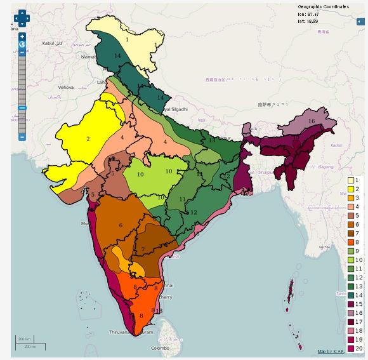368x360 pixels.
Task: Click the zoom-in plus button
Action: pos(22,37)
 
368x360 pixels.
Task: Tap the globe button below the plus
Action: pos(22,45)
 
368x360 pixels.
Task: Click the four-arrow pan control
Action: pos(22,18)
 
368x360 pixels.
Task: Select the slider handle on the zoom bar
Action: pos(22,108)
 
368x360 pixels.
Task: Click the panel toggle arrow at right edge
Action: pos(360,22)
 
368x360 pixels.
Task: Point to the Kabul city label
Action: pos(48,43)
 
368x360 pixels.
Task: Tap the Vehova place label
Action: pos(66,86)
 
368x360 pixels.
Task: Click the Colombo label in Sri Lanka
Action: pos(160,349)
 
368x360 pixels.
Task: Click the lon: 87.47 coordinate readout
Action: pos(309,13)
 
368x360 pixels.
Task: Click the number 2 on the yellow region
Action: pos(88,138)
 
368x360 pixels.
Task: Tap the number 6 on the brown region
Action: pos(120,225)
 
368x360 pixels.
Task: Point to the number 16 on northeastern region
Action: pos(311,121)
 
